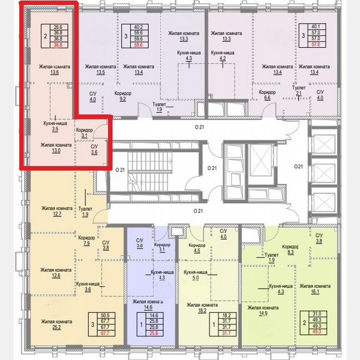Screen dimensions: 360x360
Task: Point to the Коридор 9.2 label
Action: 122,96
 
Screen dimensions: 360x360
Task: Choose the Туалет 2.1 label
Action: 299,91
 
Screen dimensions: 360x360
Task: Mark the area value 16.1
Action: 315,292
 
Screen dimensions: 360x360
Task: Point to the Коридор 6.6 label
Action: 267,95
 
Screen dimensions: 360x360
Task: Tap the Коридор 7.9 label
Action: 86,240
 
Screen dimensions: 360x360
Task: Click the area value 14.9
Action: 262,314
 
